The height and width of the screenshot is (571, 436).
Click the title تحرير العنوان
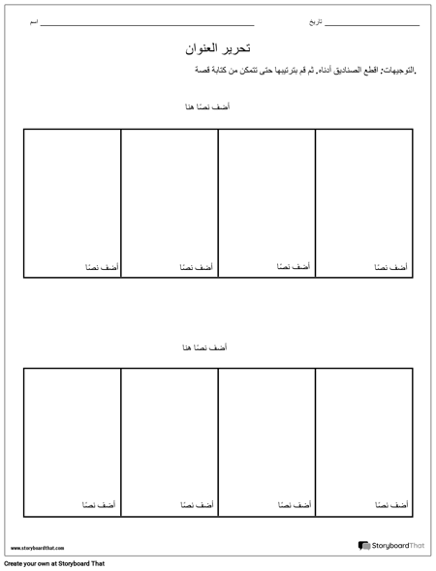click(217, 46)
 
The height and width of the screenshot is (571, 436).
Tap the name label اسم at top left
click(34, 20)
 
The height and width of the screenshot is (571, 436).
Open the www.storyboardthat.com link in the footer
click(37, 548)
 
